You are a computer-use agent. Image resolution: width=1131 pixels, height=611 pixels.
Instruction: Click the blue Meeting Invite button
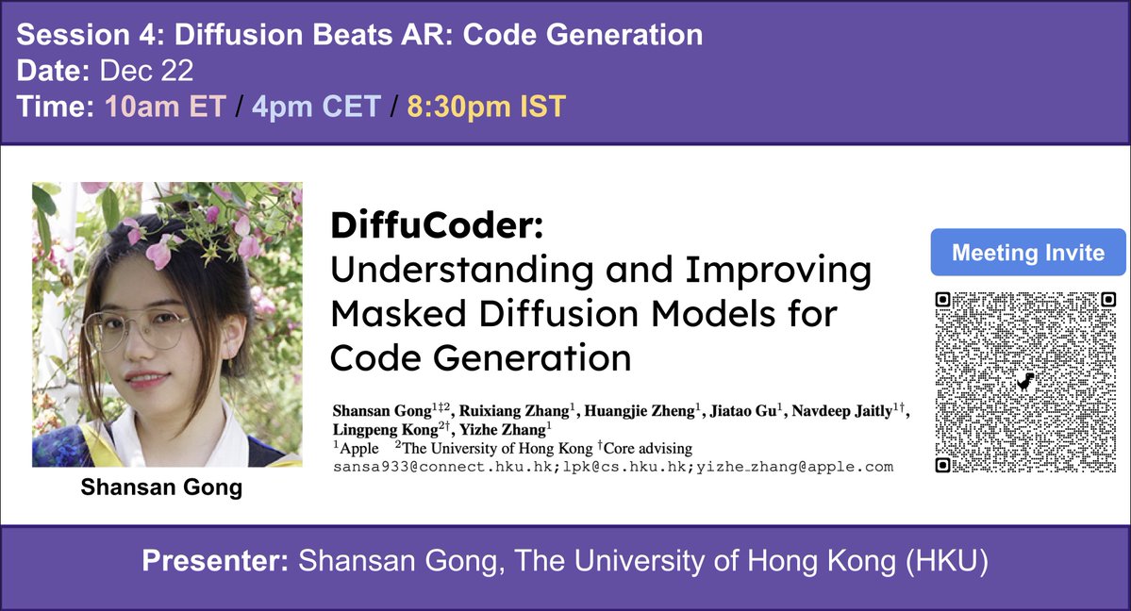coord(1028,253)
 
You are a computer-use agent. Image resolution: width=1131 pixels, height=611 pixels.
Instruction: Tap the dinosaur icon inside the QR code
coord(1026,382)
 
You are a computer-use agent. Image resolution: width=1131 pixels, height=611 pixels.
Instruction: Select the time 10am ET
coord(166,107)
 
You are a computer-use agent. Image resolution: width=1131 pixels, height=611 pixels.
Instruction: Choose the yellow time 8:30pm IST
coord(486,107)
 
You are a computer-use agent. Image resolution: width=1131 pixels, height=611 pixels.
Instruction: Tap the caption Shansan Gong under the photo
coord(161,487)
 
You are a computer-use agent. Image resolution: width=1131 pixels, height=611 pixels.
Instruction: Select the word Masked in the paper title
coord(395,313)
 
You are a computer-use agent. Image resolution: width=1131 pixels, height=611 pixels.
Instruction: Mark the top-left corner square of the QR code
coord(942,300)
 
